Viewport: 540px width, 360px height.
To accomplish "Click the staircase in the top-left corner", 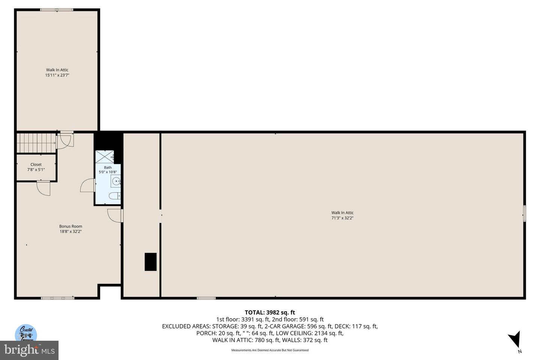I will (x=36, y=143).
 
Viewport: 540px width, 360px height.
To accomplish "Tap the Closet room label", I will (x=36, y=165).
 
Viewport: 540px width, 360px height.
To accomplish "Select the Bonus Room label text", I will (x=70, y=226).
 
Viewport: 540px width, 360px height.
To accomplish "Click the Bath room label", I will (x=108, y=168).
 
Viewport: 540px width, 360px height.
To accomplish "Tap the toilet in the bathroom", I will (x=114, y=196).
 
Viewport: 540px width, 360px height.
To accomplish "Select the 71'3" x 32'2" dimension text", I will (x=342, y=218).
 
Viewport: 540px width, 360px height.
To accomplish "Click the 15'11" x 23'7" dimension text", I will (x=57, y=75).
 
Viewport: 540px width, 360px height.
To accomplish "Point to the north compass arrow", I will (x=515, y=340).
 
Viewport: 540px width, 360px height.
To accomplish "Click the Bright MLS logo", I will (x=29, y=350).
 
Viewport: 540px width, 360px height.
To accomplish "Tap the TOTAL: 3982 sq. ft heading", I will (x=270, y=312).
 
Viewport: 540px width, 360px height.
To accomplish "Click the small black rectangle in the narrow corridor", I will (x=150, y=262).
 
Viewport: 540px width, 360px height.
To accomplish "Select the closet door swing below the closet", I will (x=44, y=188).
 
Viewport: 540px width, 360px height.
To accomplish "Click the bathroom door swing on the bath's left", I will (x=88, y=185).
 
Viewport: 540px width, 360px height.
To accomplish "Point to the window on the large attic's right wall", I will (x=525, y=214).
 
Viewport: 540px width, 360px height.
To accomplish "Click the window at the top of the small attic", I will (x=57, y=10).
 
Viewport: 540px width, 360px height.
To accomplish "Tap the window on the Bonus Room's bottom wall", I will (x=57, y=298).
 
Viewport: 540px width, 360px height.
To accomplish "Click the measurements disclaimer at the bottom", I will (x=270, y=350).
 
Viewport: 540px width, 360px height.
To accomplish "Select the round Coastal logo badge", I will (x=26, y=333).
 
